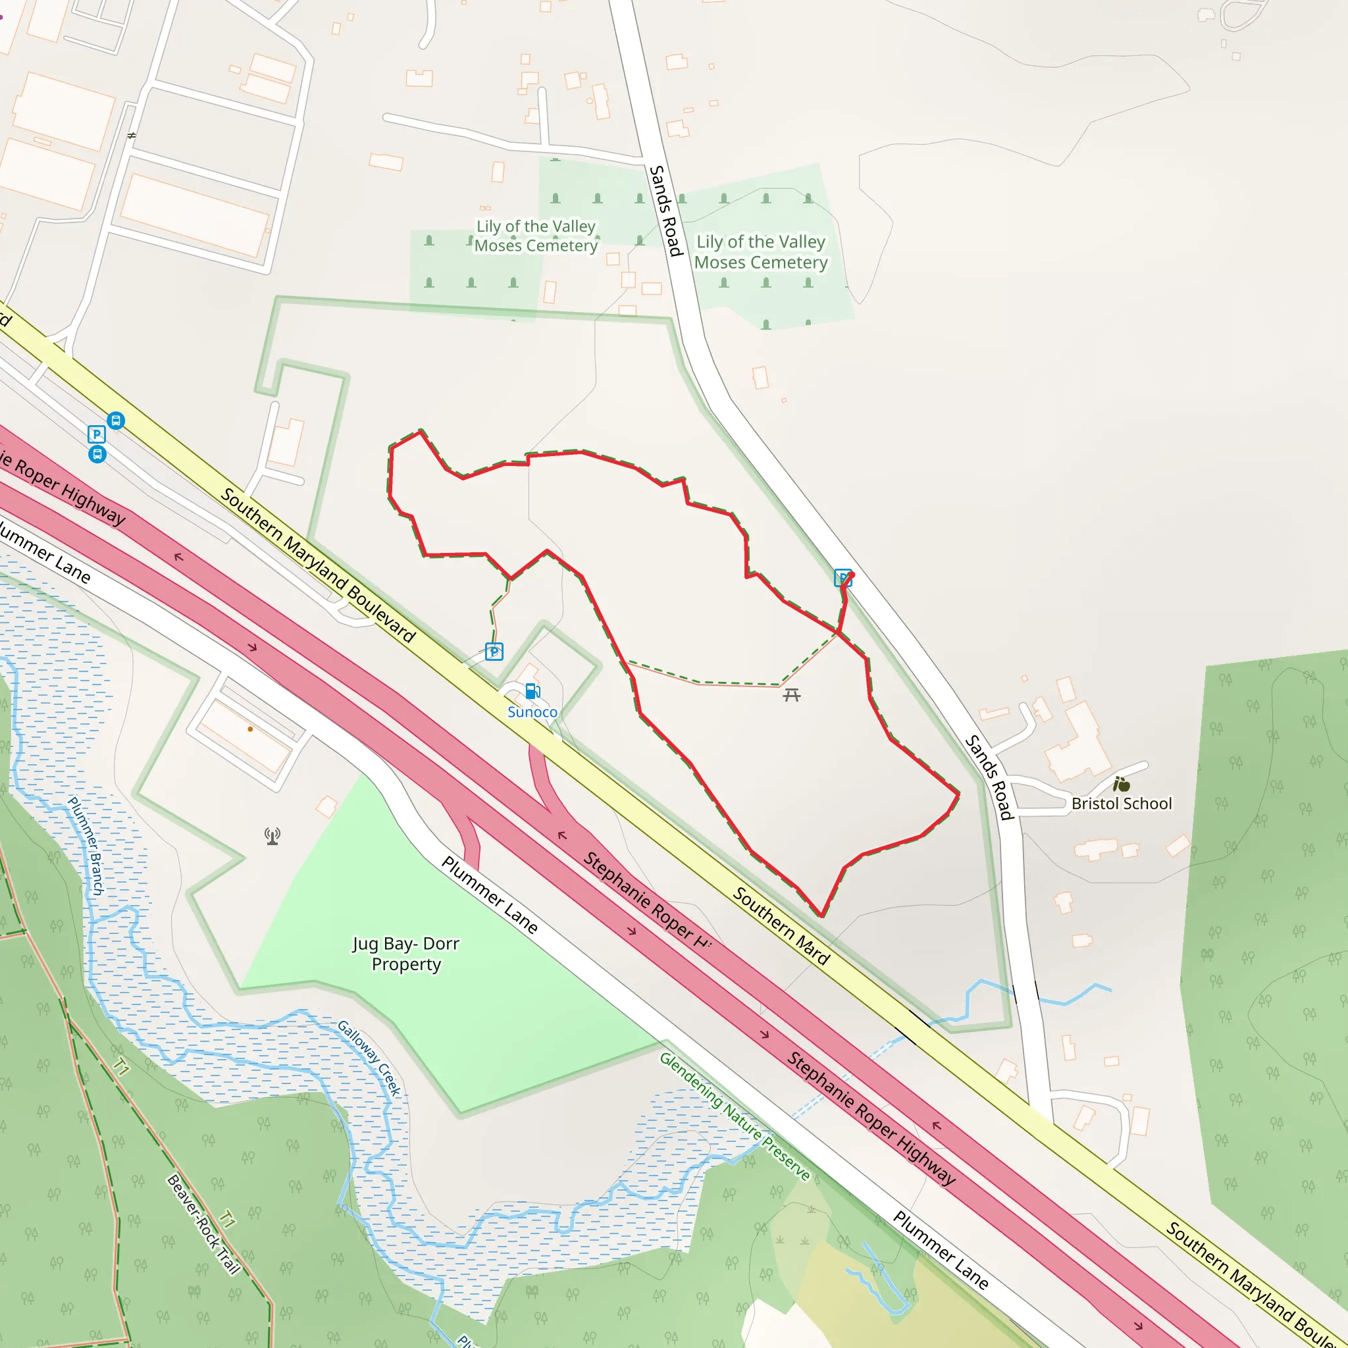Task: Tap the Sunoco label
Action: [532, 712]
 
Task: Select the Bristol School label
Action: [1121, 804]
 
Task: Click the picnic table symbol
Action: [791, 695]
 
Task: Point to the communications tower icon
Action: [272, 836]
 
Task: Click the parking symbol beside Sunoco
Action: [494, 652]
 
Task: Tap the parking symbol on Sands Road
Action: [843, 578]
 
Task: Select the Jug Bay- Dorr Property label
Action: [406, 954]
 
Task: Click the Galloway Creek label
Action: [369, 1058]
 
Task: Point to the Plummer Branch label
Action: [86, 846]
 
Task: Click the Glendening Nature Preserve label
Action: [735, 1117]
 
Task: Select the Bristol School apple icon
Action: [1121, 783]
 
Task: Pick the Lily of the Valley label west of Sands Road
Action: [536, 236]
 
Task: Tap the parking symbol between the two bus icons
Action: [96, 434]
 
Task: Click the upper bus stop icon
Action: [116, 421]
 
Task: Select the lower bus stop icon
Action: [97, 455]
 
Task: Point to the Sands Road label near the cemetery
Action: [665, 211]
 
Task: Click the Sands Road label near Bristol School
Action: [988, 777]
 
